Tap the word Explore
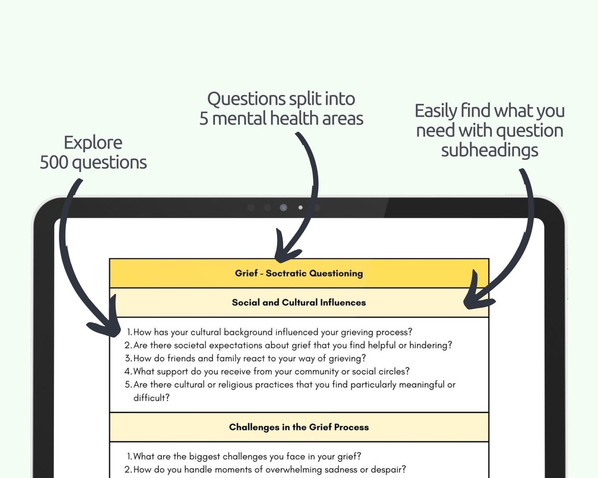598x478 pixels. point(93,143)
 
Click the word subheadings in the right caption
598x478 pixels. point(489,150)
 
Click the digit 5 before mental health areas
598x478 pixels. point(204,118)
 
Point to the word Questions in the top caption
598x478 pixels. point(241,99)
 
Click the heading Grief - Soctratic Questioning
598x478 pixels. point(298,273)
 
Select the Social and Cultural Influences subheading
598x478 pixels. point(298,302)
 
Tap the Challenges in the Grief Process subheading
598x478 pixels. point(298,427)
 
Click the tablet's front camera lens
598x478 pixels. point(284,208)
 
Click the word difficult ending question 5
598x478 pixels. point(149,398)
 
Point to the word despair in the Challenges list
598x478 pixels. point(388,470)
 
